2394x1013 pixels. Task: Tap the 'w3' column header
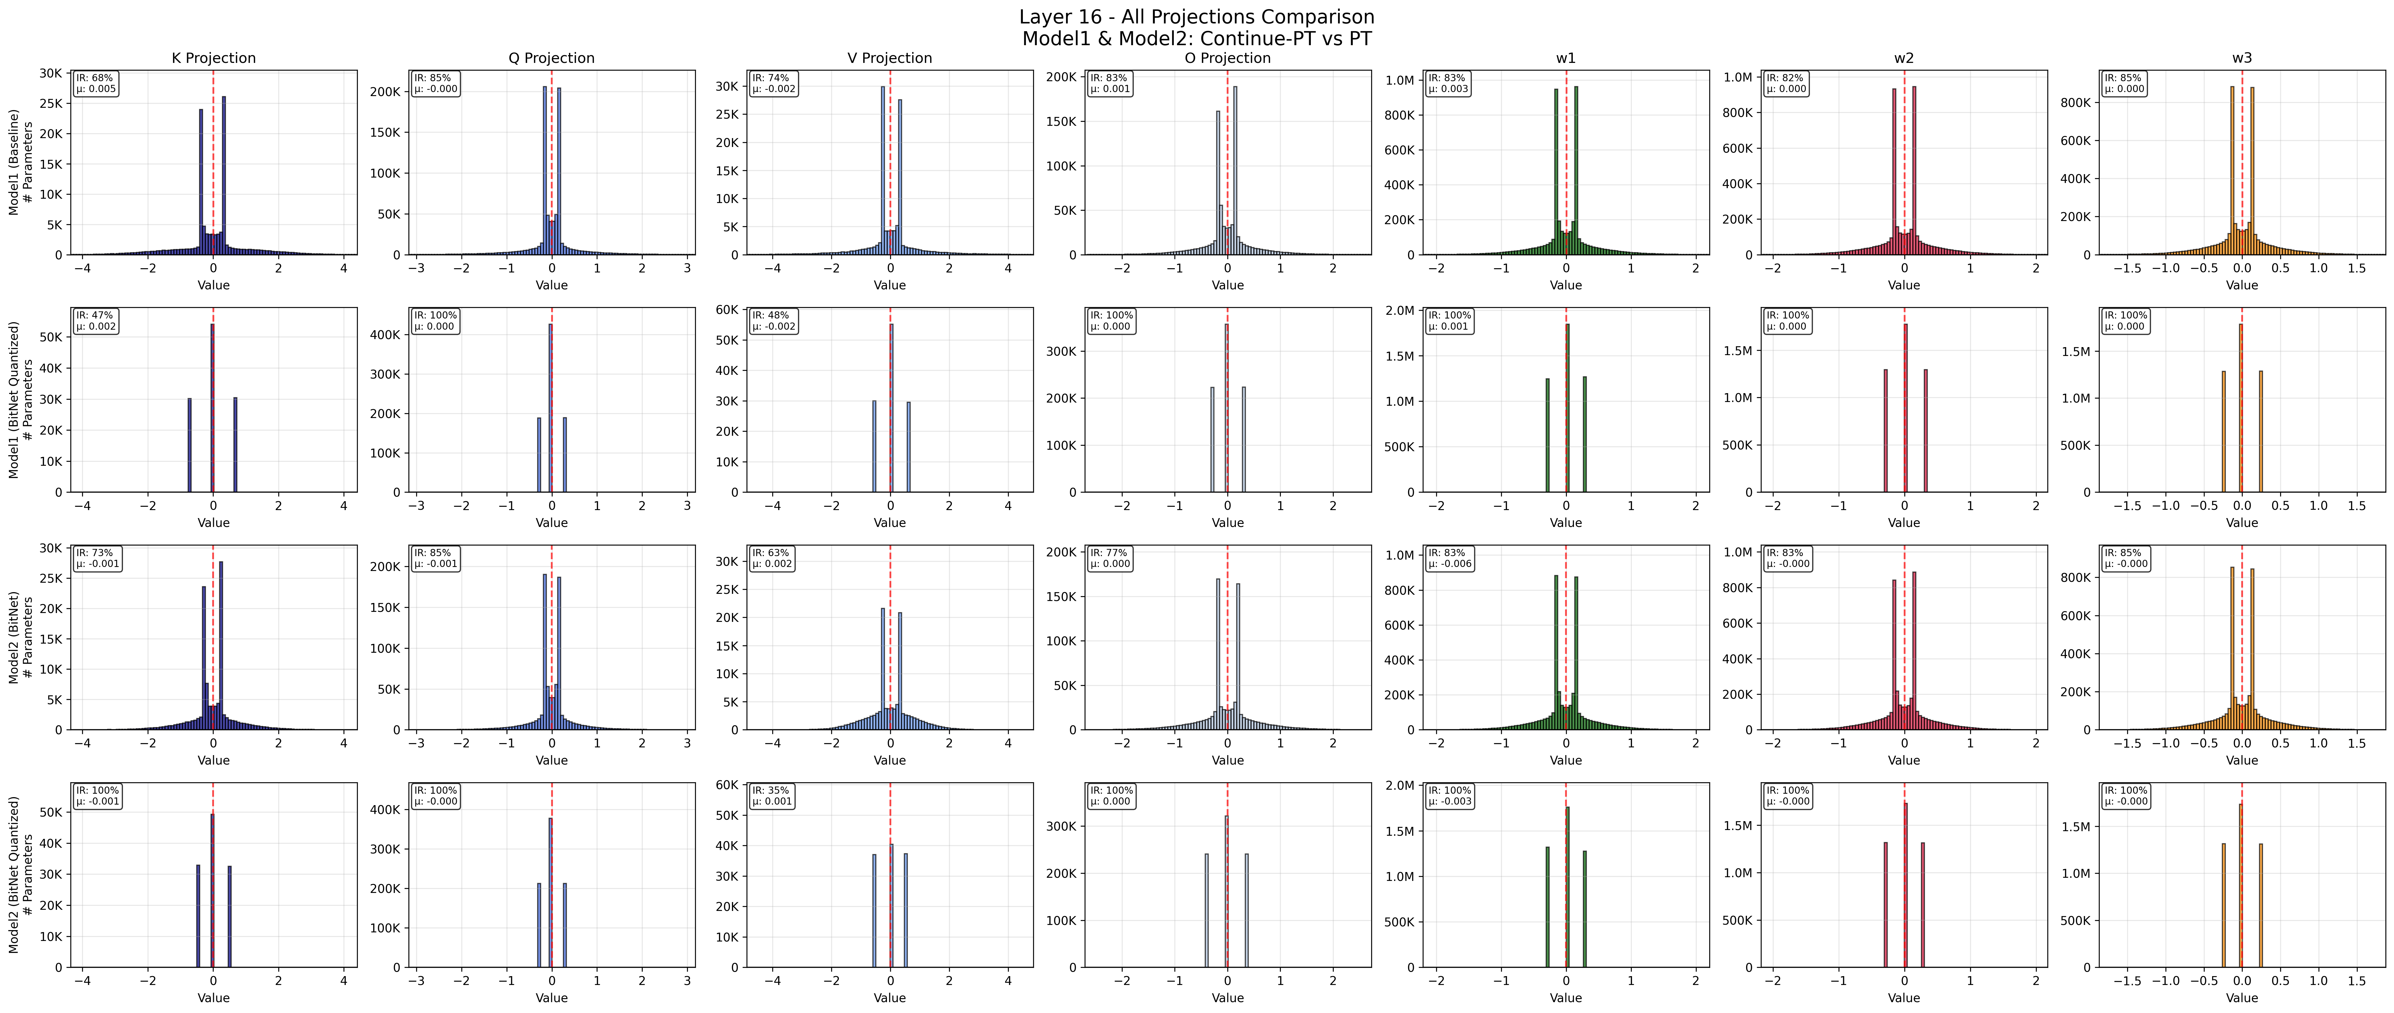click(2242, 58)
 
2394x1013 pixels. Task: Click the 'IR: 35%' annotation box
click(772, 795)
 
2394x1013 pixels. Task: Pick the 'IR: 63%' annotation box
click(772, 558)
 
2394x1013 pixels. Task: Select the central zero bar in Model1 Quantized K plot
click(213, 409)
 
